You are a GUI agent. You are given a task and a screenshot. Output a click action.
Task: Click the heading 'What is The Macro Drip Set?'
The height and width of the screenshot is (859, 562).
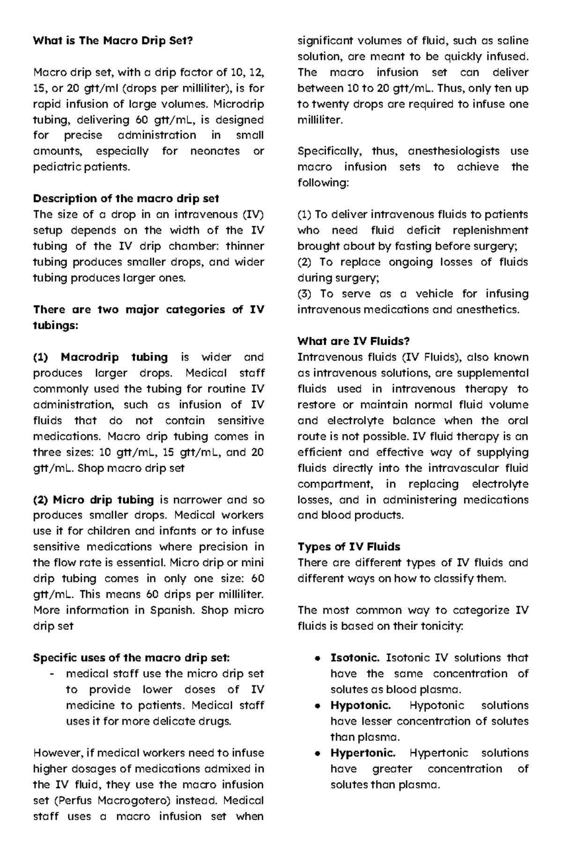112,41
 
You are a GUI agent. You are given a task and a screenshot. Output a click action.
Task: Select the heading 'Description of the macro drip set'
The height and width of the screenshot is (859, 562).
126,198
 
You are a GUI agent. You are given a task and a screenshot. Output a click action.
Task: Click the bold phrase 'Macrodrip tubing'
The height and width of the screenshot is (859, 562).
114,358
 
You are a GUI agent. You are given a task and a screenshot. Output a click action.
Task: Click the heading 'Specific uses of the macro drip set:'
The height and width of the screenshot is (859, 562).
132,658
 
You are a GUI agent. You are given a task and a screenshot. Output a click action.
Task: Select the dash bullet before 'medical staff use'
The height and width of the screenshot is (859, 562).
51,674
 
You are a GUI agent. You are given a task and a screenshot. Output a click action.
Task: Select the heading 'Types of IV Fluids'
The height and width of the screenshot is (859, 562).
348,547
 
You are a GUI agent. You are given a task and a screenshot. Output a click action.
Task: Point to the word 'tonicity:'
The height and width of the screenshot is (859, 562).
441,626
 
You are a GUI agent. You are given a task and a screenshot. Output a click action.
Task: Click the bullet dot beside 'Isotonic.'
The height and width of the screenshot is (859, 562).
318,658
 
